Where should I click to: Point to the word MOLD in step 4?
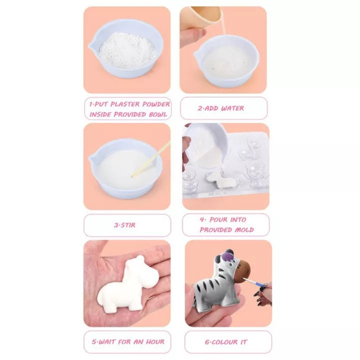tap(242, 230)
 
